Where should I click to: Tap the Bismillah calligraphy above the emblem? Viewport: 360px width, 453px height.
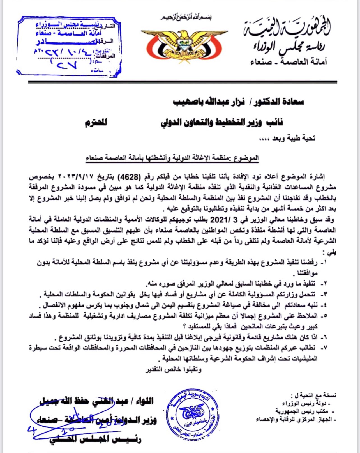(x=186, y=17)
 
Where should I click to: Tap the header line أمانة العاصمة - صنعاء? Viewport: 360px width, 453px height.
(x=289, y=61)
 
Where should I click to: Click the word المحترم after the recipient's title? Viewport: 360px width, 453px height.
(x=96, y=122)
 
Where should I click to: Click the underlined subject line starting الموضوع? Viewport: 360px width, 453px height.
(x=172, y=158)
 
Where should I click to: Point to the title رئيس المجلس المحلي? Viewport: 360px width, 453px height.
(x=95, y=439)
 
